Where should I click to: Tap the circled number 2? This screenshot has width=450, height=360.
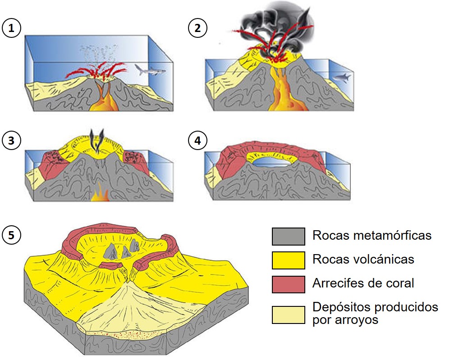(x=197, y=28)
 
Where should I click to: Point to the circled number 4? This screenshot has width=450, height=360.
(x=197, y=141)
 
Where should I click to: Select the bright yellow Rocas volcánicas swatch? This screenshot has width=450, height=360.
(x=289, y=260)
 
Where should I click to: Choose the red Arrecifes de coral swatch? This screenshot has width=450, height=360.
(x=289, y=284)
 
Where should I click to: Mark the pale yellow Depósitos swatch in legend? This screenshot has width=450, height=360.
(x=289, y=314)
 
